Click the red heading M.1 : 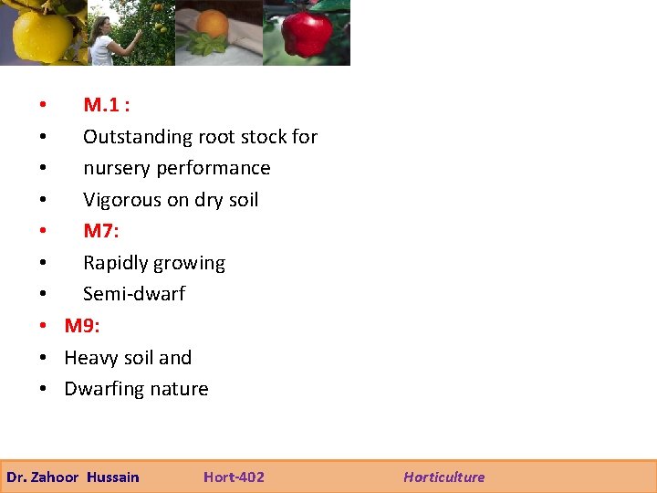[106, 105]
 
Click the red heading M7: [100, 231]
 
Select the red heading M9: [82, 326]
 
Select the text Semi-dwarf [134, 294]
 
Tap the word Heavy [89, 358]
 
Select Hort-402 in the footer [234, 477]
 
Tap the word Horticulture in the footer [444, 477]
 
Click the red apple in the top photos [307, 34]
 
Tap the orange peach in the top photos [213, 24]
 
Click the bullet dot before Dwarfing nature [43, 390]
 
